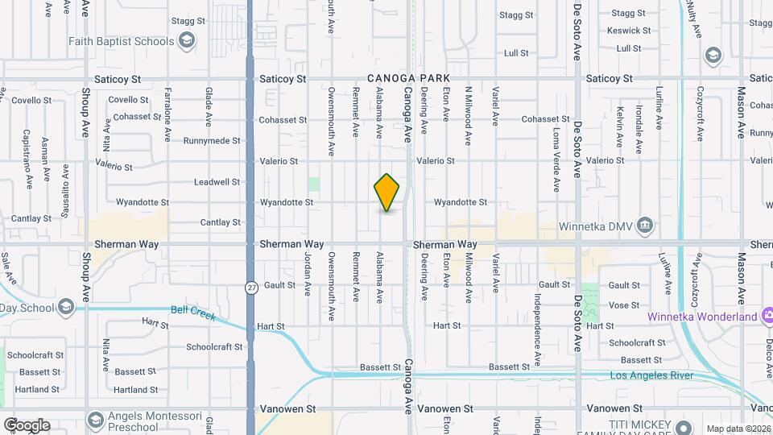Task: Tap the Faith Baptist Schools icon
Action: pyautogui.click(x=187, y=41)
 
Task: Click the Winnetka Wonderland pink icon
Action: pyautogui.click(x=768, y=316)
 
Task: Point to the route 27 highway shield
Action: pyautogui.click(x=252, y=288)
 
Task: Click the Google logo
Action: pyautogui.click(x=27, y=425)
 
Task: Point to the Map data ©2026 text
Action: pyautogui.click(x=737, y=429)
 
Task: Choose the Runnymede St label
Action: pyautogui.click(x=212, y=140)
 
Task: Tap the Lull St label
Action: pyautogui.click(x=515, y=53)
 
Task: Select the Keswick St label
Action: pyautogui.click(x=630, y=31)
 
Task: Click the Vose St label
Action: pyautogui.click(x=624, y=305)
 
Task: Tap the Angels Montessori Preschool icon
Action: pyautogui.click(x=96, y=420)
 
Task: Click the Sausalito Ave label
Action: pyautogui.click(x=66, y=187)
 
